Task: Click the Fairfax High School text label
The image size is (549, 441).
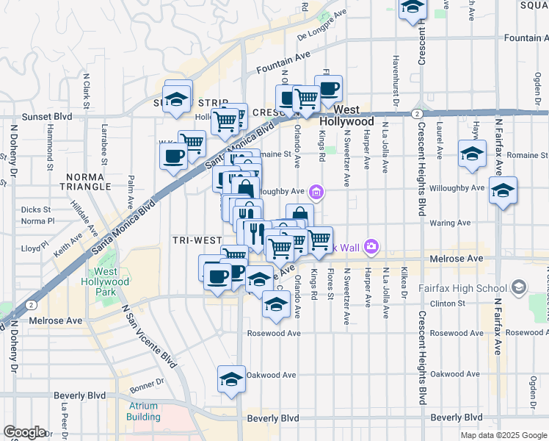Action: [x=466, y=287]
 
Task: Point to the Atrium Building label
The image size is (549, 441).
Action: [x=142, y=411]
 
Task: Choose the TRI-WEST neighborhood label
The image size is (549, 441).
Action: [x=197, y=240]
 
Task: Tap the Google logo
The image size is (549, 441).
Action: [x=24, y=432]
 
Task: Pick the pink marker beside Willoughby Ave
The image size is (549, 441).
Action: [x=316, y=193]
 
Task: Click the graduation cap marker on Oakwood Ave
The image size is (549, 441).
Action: [x=231, y=379]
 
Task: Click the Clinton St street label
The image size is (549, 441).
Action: [x=448, y=303]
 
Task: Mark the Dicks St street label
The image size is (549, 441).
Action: [x=36, y=209]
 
